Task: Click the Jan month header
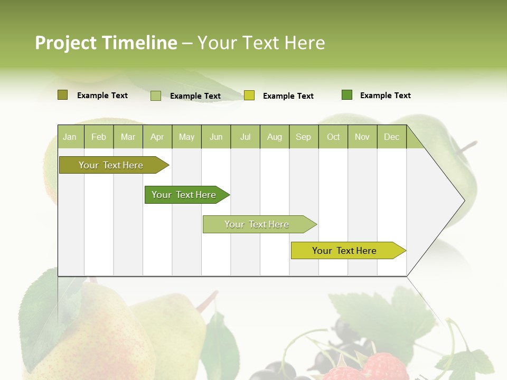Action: [x=70, y=137]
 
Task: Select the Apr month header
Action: [x=157, y=137]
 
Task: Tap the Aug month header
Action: [x=274, y=137]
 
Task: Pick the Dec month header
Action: [x=391, y=137]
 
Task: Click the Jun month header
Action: [x=215, y=137]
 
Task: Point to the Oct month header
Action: [x=333, y=137]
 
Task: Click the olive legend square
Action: [x=62, y=95]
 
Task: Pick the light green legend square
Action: [x=155, y=96]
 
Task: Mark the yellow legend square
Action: [x=249, y=96]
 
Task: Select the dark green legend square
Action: [x=346, y=95]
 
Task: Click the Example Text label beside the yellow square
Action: [x=288, y=96]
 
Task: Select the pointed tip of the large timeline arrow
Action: [x=464, y=201]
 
